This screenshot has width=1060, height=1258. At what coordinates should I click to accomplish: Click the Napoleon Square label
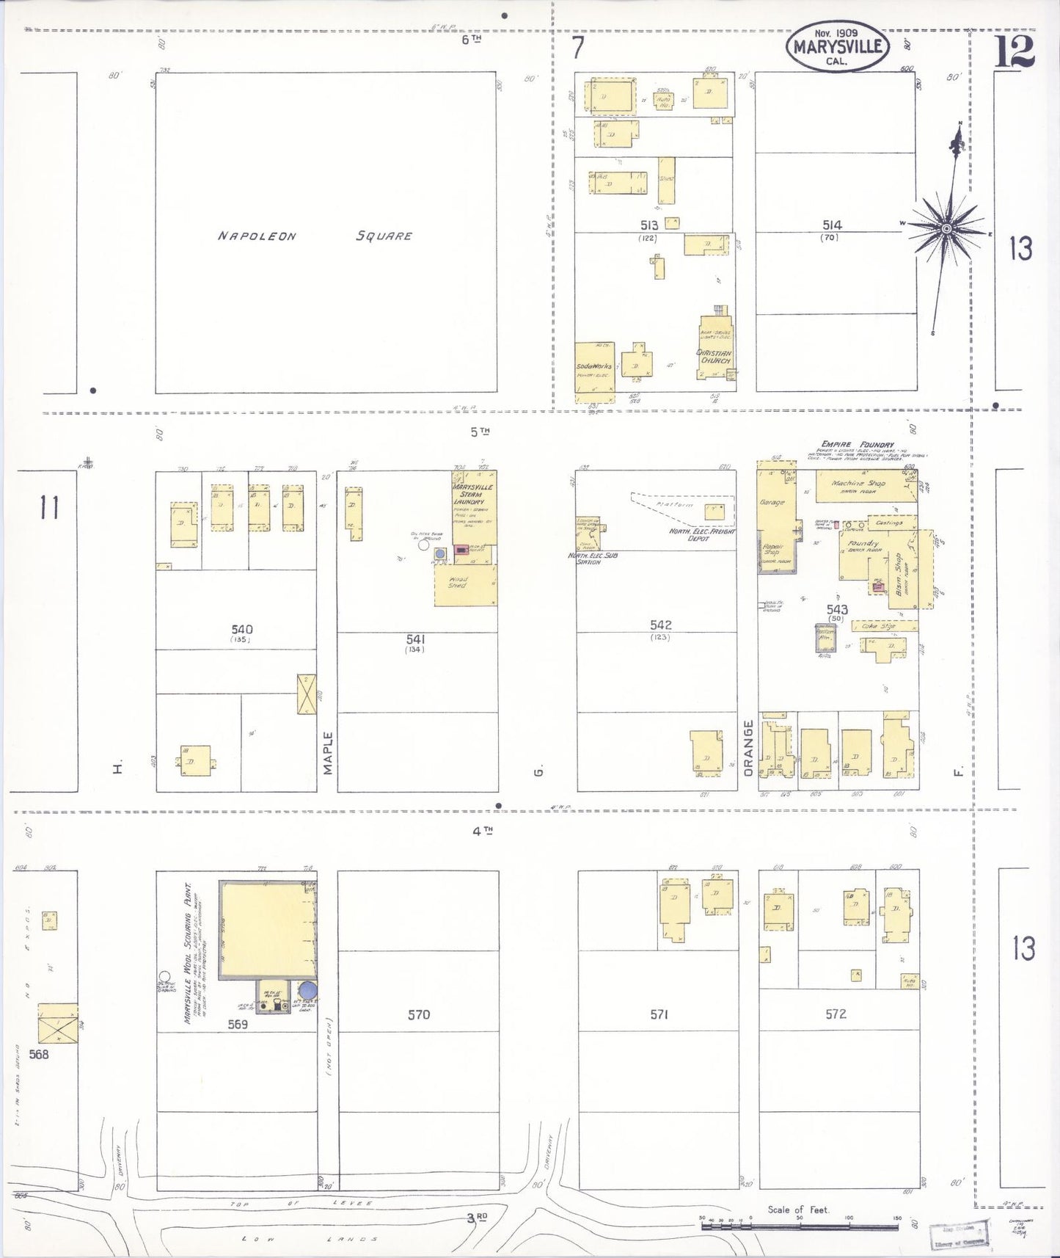coord(315,236)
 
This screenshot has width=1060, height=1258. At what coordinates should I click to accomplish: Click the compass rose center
coord(946,229)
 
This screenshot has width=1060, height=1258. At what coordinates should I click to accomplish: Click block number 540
coord(242,630)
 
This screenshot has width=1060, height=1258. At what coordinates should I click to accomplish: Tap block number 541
coord(416,639)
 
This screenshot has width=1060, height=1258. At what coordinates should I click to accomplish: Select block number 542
coord(660,625)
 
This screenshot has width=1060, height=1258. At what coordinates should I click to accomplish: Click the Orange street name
coord(748,748)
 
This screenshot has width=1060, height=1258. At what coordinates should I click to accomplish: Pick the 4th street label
coord(482,831)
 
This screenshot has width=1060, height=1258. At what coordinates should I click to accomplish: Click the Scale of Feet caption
coord(798,1210)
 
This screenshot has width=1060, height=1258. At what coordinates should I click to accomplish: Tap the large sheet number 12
coord(1015,51)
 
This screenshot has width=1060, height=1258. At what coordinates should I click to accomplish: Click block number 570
coord(418,1015)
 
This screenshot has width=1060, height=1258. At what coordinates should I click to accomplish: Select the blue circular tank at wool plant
coord(309,992)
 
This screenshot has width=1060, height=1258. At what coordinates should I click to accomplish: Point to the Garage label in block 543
coord(772,503)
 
